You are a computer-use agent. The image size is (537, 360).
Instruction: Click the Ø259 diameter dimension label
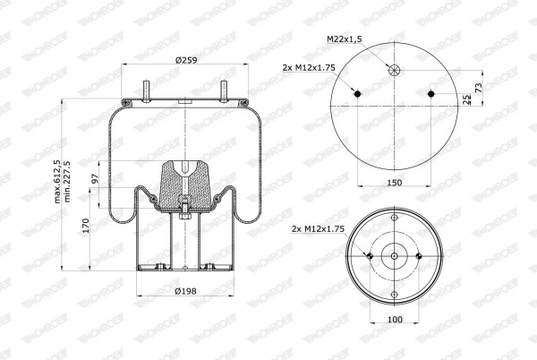pyautogui.click(x=186, y=60)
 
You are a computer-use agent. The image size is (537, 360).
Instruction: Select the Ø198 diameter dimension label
pyautogui.click(x=185, y=291)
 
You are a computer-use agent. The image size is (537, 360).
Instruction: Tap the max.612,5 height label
pyautogui.click(x=57, y=182)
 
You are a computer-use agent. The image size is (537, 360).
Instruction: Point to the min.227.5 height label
pyautogui.click(x=67, y=182)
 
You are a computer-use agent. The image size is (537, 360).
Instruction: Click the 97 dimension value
pyautogui.click(x=95, y=178)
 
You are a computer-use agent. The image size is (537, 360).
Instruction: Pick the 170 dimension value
pyautogui.click(x=86, y=226)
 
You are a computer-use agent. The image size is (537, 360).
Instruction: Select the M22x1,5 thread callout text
pyautogui.click(x=345, y=39)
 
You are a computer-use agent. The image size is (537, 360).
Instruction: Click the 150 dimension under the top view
pyautogui.click(x=394, y=183)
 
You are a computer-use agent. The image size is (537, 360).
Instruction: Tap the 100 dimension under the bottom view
pyautogui.click(x=395, y=319)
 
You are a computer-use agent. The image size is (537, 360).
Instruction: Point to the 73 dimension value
pyautogui.click(x=479, y=88)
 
